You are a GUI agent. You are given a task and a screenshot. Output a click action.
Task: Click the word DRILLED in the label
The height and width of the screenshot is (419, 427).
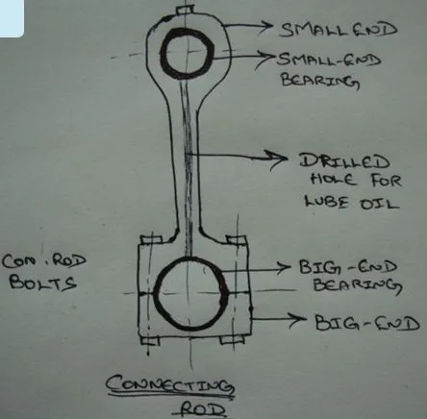344,161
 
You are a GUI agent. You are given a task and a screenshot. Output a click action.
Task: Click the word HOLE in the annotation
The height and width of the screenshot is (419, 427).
334,180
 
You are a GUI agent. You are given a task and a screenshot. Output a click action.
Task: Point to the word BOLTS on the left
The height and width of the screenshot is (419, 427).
43,283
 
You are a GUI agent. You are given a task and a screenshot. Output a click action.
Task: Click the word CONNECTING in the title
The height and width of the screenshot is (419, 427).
170,384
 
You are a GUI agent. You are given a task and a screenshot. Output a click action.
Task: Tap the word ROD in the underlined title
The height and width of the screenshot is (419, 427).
203,409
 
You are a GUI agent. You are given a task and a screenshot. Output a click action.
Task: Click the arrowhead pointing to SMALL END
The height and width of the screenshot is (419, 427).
265,25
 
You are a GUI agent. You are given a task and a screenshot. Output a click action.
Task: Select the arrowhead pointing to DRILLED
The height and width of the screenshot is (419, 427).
279,159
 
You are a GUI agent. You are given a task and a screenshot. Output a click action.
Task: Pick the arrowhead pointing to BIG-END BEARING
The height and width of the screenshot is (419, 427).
284,267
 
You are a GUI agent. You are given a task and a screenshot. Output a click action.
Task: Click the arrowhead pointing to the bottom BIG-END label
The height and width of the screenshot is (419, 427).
298,319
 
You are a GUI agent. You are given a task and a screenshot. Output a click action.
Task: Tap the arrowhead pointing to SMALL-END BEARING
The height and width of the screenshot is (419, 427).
267,58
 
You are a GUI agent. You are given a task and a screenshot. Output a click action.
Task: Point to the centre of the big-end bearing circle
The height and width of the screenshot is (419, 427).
191,293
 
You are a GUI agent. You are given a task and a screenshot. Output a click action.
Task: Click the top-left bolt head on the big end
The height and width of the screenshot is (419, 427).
151,239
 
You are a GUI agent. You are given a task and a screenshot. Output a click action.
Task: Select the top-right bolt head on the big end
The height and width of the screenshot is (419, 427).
237,240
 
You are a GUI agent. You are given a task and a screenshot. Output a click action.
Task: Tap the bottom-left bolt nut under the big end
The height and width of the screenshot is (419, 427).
150,340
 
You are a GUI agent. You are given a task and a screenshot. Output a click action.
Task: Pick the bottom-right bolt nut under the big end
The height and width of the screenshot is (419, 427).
233,339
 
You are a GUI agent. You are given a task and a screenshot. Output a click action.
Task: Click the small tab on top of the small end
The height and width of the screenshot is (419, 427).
186,10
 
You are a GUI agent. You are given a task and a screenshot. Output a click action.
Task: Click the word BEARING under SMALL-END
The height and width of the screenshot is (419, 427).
320,81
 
